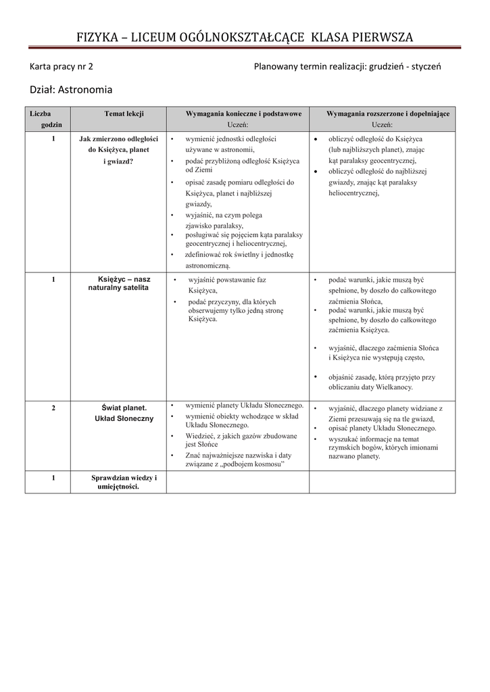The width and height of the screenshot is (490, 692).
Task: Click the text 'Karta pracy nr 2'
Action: click(62, 67)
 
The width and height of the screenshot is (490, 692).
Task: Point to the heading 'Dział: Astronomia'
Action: click(70, 89)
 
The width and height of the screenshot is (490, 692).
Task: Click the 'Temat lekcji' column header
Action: click(124, 114)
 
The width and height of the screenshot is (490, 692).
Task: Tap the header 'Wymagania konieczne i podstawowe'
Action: click(237, 114)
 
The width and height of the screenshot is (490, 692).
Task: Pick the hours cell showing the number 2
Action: click(53, 408)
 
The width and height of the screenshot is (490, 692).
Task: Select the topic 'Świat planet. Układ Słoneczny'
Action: click(124, 413)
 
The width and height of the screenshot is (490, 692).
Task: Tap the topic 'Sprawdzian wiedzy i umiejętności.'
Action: click(124, 483)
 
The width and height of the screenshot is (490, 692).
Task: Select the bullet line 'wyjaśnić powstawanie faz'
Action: click(226, 279)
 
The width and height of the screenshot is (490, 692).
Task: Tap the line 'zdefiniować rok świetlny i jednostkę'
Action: click(239, 255)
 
